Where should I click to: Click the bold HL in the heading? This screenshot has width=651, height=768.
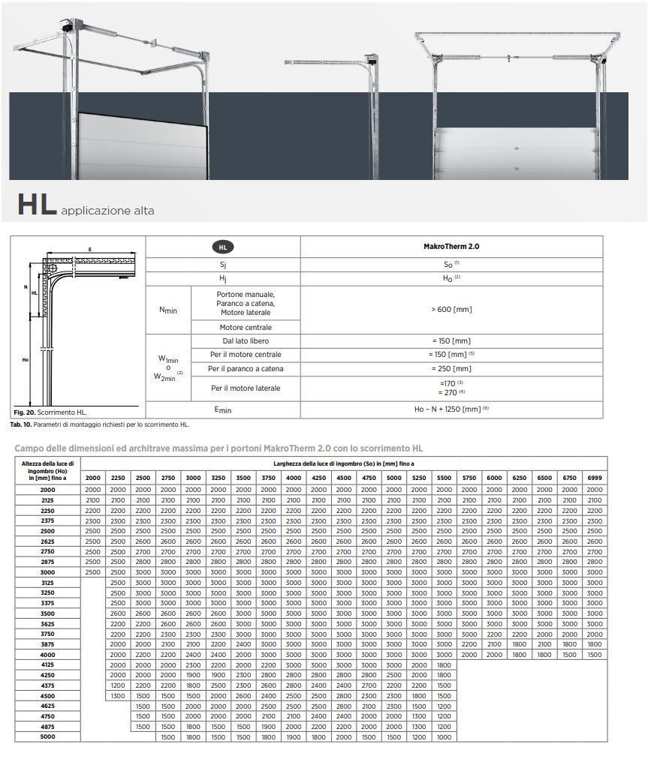[36, 206]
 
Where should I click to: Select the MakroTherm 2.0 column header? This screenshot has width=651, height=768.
[451, 246]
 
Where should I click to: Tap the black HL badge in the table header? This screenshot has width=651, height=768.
[223, 246]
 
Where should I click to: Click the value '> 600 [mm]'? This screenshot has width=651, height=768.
[451, 309]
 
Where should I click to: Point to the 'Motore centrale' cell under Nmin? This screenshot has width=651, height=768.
[246, 327]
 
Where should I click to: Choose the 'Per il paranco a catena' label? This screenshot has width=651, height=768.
[246, 369]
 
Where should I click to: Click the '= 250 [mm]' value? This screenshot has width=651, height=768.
[451, 369]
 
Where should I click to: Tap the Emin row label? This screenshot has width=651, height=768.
[223, 409]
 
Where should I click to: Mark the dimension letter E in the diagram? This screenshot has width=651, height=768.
[89, 248]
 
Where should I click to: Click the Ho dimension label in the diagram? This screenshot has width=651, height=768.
[24, 360]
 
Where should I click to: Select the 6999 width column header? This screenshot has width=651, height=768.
[595, 478]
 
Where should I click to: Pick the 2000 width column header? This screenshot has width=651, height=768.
[93, 478]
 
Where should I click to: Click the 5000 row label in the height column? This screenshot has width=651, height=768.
[47, 737]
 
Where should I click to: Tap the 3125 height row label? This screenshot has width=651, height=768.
[47, 582]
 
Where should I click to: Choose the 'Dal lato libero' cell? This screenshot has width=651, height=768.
[246, 341]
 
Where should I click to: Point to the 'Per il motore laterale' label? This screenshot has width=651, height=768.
[246, 388]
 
